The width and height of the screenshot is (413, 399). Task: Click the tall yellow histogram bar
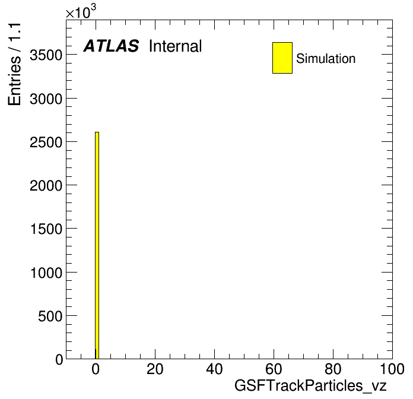[97, 245]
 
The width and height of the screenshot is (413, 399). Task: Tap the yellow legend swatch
[282, 58]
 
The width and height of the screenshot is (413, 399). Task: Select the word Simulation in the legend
[326, 59]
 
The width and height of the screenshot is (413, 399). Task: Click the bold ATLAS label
[111, 46]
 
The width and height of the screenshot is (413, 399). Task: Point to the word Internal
[176, 46]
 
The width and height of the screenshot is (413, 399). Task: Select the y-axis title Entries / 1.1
[14, 64]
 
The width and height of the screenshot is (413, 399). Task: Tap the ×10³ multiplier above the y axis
[81, 12]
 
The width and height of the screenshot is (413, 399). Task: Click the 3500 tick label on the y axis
[46, 55]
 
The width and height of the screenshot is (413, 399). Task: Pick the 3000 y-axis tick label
[46, 99]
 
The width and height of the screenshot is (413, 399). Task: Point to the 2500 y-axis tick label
[46, 142]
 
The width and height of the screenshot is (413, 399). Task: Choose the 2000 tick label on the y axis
[46, 186]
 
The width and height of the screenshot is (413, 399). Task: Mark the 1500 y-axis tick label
[46, 229]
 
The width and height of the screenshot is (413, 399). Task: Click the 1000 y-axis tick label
[46, 273]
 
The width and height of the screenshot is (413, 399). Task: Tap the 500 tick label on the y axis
[50, 316]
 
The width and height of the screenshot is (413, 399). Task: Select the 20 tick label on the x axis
[155, 369]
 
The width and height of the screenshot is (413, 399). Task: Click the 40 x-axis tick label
[214, 369]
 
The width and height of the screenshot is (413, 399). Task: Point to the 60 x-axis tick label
[274, 369]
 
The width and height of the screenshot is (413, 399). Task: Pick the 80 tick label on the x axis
[333, 369]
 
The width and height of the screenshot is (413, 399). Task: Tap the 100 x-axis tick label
[392, 369]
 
